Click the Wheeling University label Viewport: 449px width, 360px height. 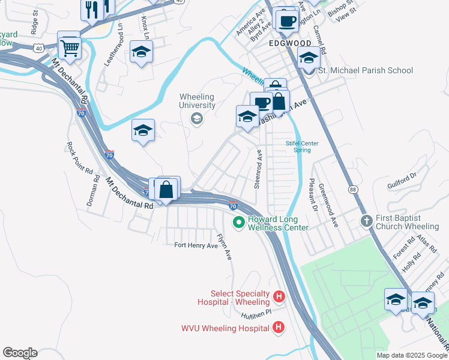pos(197,101)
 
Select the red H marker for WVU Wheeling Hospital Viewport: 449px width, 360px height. pos(279,328)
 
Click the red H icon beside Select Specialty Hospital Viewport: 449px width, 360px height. pos(279,296)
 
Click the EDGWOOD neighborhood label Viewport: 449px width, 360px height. pos(290,44)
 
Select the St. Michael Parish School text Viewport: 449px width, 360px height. pos(365,71)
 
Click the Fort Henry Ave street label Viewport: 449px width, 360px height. pos(196,245)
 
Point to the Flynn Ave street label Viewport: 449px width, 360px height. pos(224,246)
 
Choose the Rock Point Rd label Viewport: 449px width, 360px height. pos(80,158)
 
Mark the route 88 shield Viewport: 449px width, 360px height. pos(352,190)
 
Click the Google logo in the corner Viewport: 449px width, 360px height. pos(20,353)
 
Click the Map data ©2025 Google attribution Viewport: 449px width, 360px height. pos(411,355)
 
